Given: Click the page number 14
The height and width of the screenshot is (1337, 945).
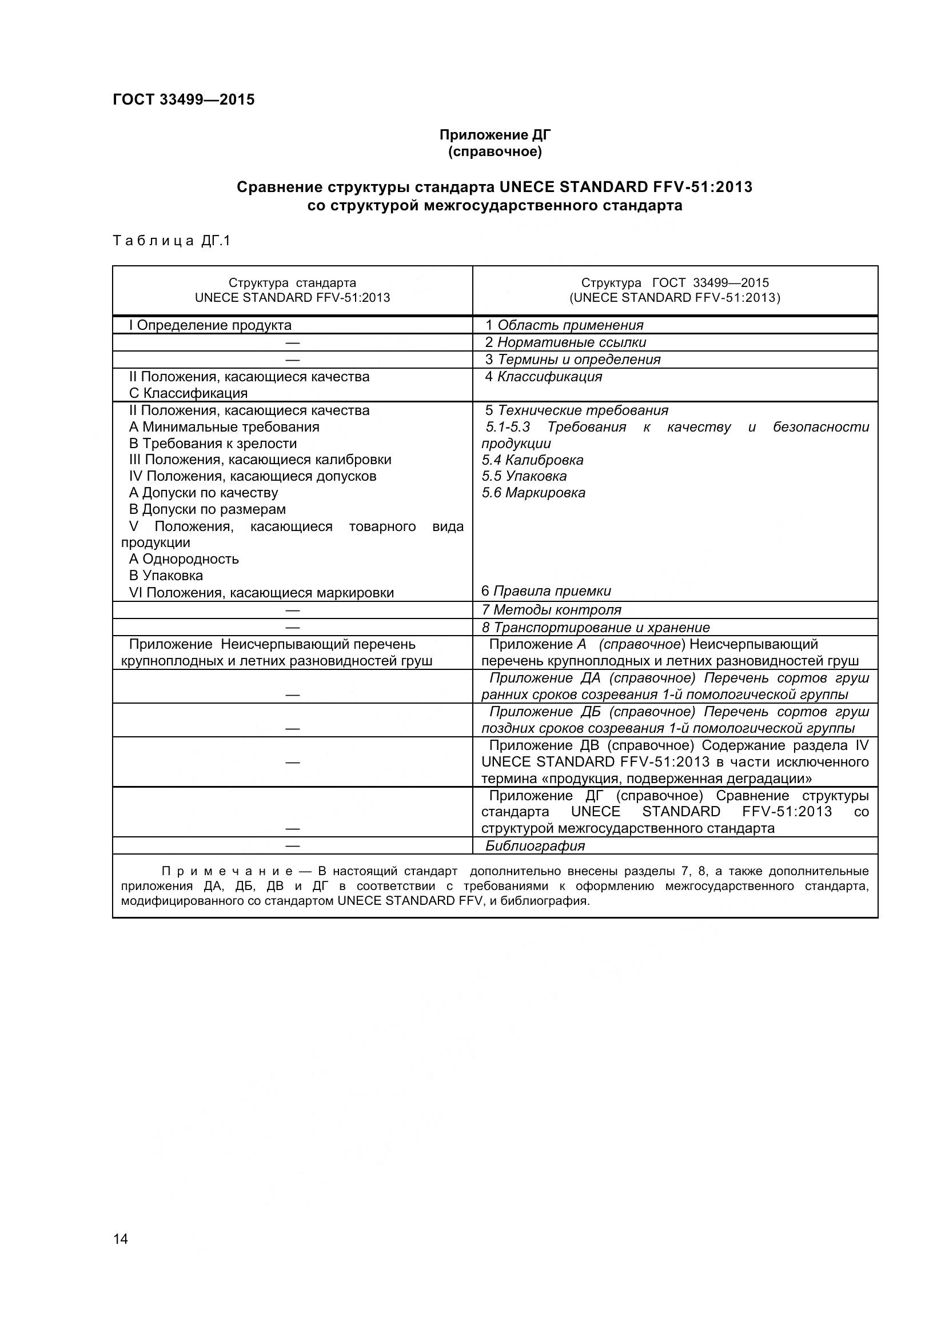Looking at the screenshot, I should click(121, 1255).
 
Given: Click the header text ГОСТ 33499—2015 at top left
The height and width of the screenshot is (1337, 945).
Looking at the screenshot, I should click(184, 100).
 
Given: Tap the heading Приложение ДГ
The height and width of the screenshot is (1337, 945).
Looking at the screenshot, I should click(495, 135).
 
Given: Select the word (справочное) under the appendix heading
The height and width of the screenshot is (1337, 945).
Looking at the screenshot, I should click(495, 152).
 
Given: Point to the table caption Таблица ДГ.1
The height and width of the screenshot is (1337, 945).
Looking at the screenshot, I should click(172, 241).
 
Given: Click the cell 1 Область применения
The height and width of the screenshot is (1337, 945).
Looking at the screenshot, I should click(564, 325).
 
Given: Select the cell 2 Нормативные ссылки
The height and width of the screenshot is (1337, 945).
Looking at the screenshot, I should click(565, 342).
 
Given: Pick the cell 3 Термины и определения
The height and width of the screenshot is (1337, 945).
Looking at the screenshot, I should click(573, 360).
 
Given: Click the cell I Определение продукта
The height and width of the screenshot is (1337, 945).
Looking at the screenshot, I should click(210, 325).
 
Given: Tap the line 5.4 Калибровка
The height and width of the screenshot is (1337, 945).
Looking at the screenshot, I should click(532, 460).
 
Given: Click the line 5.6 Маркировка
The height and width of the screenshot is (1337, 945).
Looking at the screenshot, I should click(533, 493).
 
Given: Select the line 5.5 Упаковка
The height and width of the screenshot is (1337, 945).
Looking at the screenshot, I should click(524, 476).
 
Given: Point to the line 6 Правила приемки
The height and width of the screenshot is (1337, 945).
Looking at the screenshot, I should click(546, 591).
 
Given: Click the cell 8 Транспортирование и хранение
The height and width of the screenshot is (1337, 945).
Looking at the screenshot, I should click(596, 627).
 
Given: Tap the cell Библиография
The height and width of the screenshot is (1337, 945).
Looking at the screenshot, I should click(535, 845).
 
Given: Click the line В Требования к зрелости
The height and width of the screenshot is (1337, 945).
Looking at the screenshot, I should click(213, 444).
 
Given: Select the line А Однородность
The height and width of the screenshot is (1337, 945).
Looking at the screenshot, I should click(184, 559).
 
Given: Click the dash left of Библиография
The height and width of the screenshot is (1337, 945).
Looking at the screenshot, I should click(292, 845).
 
